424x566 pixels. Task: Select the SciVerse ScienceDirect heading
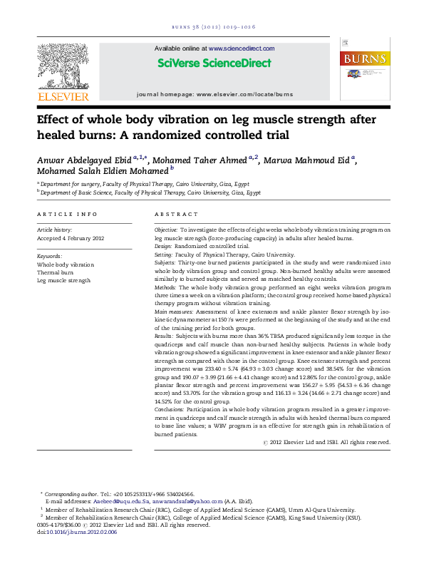(214, 63)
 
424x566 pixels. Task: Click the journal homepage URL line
(214, 94)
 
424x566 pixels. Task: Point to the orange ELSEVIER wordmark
(63, 96)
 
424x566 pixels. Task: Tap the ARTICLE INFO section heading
(67, 215)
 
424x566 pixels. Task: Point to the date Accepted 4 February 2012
(71, 238)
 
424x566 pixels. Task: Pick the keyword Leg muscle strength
(63, 281)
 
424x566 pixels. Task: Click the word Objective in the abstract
(166, 230)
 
